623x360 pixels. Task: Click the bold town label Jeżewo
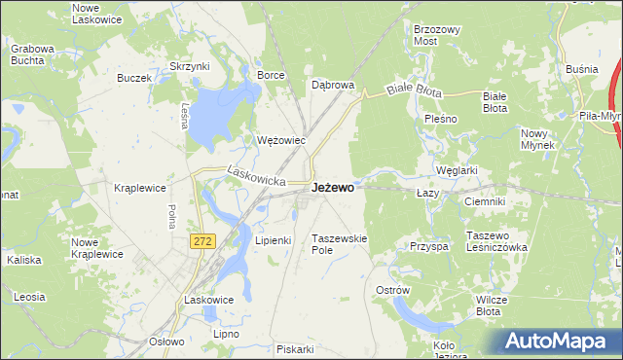(332, 188)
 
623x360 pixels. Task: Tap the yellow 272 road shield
(202, 241)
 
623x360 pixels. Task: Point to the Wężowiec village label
(281, 140)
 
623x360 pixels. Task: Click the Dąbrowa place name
(332, 85)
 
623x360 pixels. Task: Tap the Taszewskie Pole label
(339, 244)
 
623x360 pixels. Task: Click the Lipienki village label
(274, 239)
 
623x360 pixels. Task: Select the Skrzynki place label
(190, 66)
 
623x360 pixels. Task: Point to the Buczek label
(134, 78)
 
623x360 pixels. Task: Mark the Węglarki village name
(457, 170)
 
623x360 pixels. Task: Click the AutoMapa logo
(558, 342)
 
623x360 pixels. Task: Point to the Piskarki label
(294, 349)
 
